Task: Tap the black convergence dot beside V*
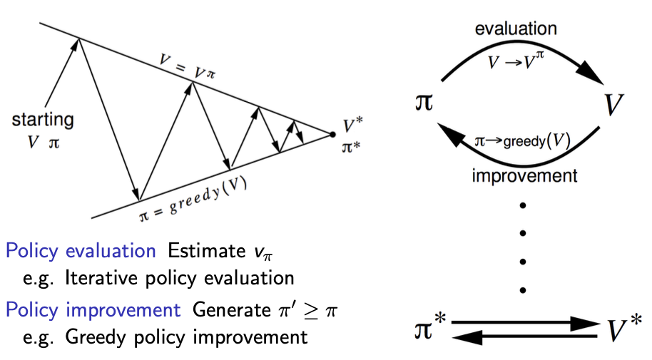pos(332,133)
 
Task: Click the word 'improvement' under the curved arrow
pos(524,175)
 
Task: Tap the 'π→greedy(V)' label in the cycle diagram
pos(522,140)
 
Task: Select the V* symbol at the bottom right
pos(625,329)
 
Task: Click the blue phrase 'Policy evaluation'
pos(81,251)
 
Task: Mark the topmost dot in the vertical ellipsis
pos(523,206)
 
